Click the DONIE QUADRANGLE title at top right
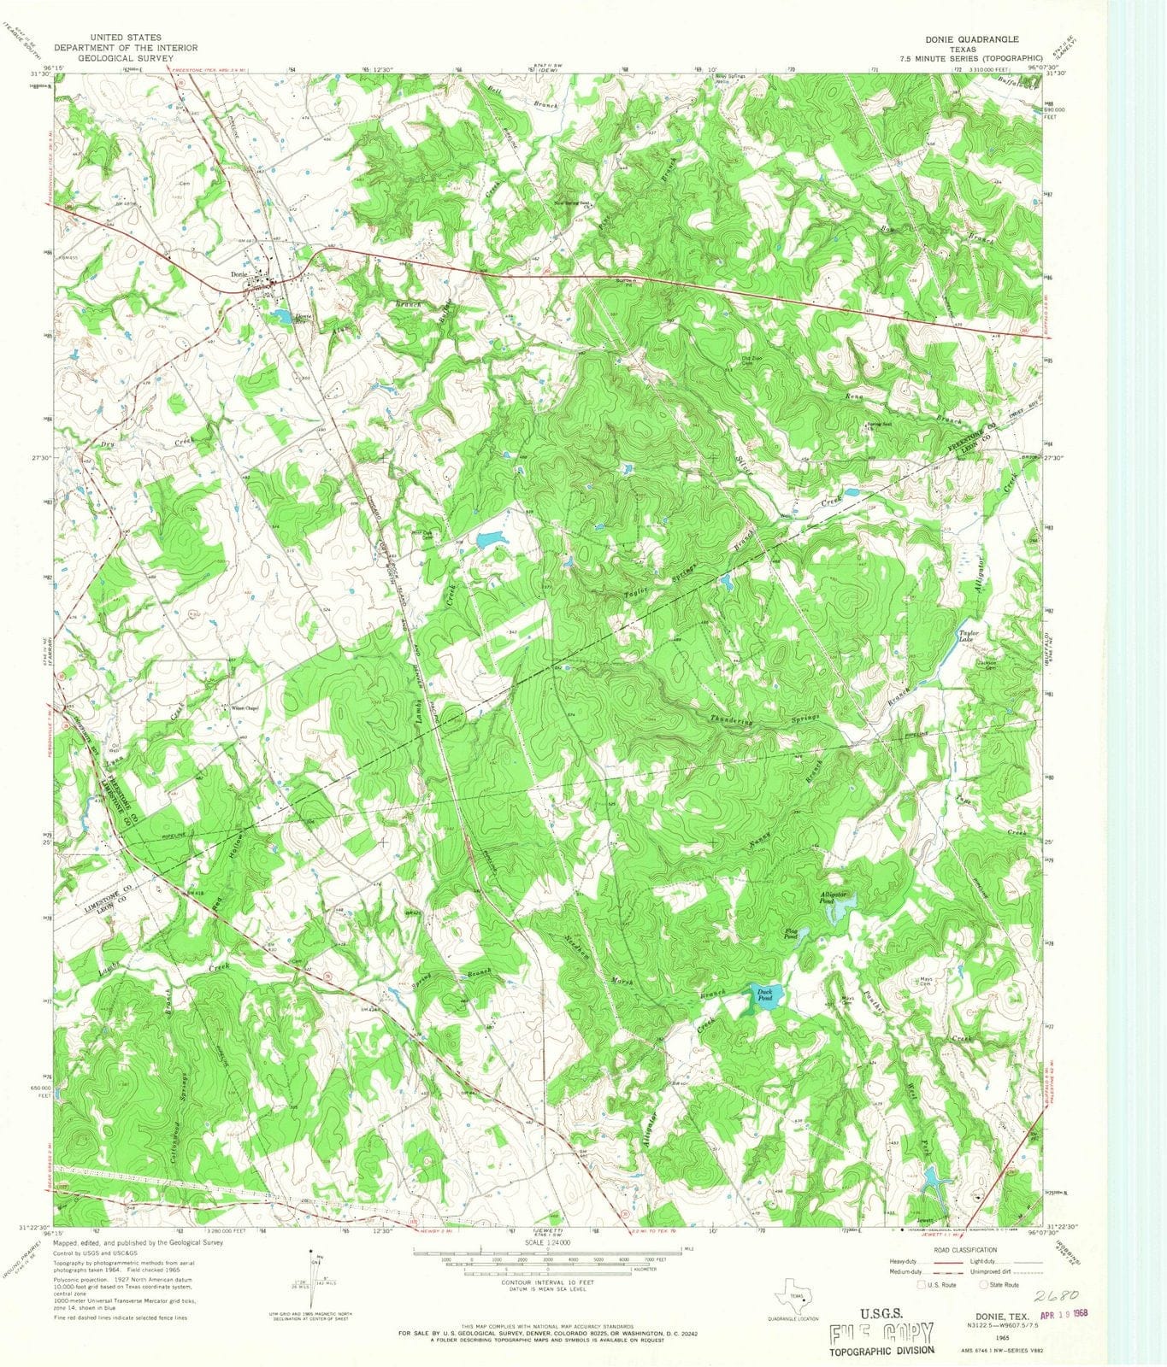coord(970,39)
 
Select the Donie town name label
coord(239,274)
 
